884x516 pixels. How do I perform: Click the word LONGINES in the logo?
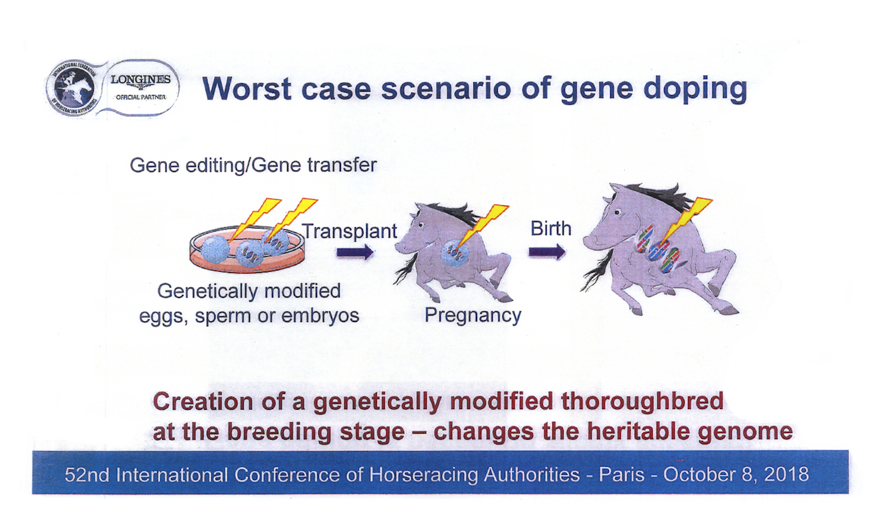pos(140,79)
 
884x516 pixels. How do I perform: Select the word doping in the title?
pos(695,90)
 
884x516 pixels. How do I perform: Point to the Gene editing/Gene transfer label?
pos(253,165)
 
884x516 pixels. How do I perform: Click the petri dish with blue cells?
pos(247,248)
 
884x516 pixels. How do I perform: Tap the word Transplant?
pos(350,231)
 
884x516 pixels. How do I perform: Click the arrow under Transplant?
pos(355,252)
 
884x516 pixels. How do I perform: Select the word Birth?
pos(551,228)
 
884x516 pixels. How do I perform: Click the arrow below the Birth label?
pos(547,252)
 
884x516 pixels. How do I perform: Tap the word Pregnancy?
pos(473,315)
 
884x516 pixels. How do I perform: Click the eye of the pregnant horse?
pos(421,224)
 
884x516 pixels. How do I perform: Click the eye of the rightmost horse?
pos(617,213)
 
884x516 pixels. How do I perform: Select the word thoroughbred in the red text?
pos(642,402)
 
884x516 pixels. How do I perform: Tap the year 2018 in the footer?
pos(786,474)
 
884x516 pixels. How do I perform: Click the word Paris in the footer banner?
pos(621,474)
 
